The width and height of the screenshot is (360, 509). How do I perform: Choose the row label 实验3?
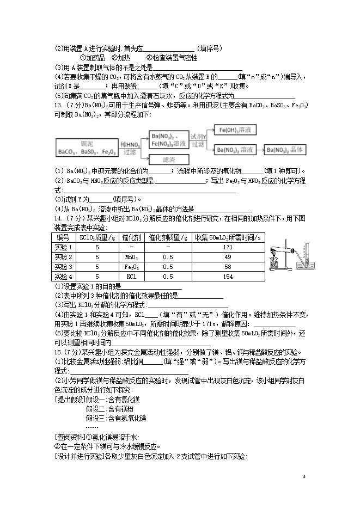pos(63,267)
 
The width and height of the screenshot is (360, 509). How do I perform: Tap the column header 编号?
pos(63,237)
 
